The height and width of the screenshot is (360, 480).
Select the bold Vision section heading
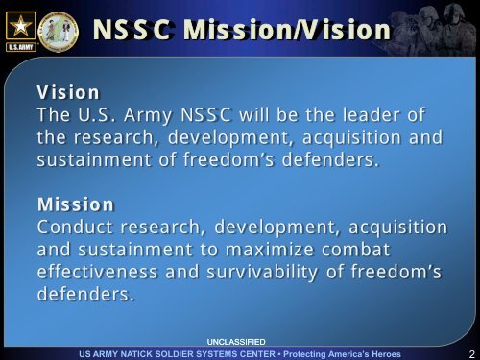tap(68, 93)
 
